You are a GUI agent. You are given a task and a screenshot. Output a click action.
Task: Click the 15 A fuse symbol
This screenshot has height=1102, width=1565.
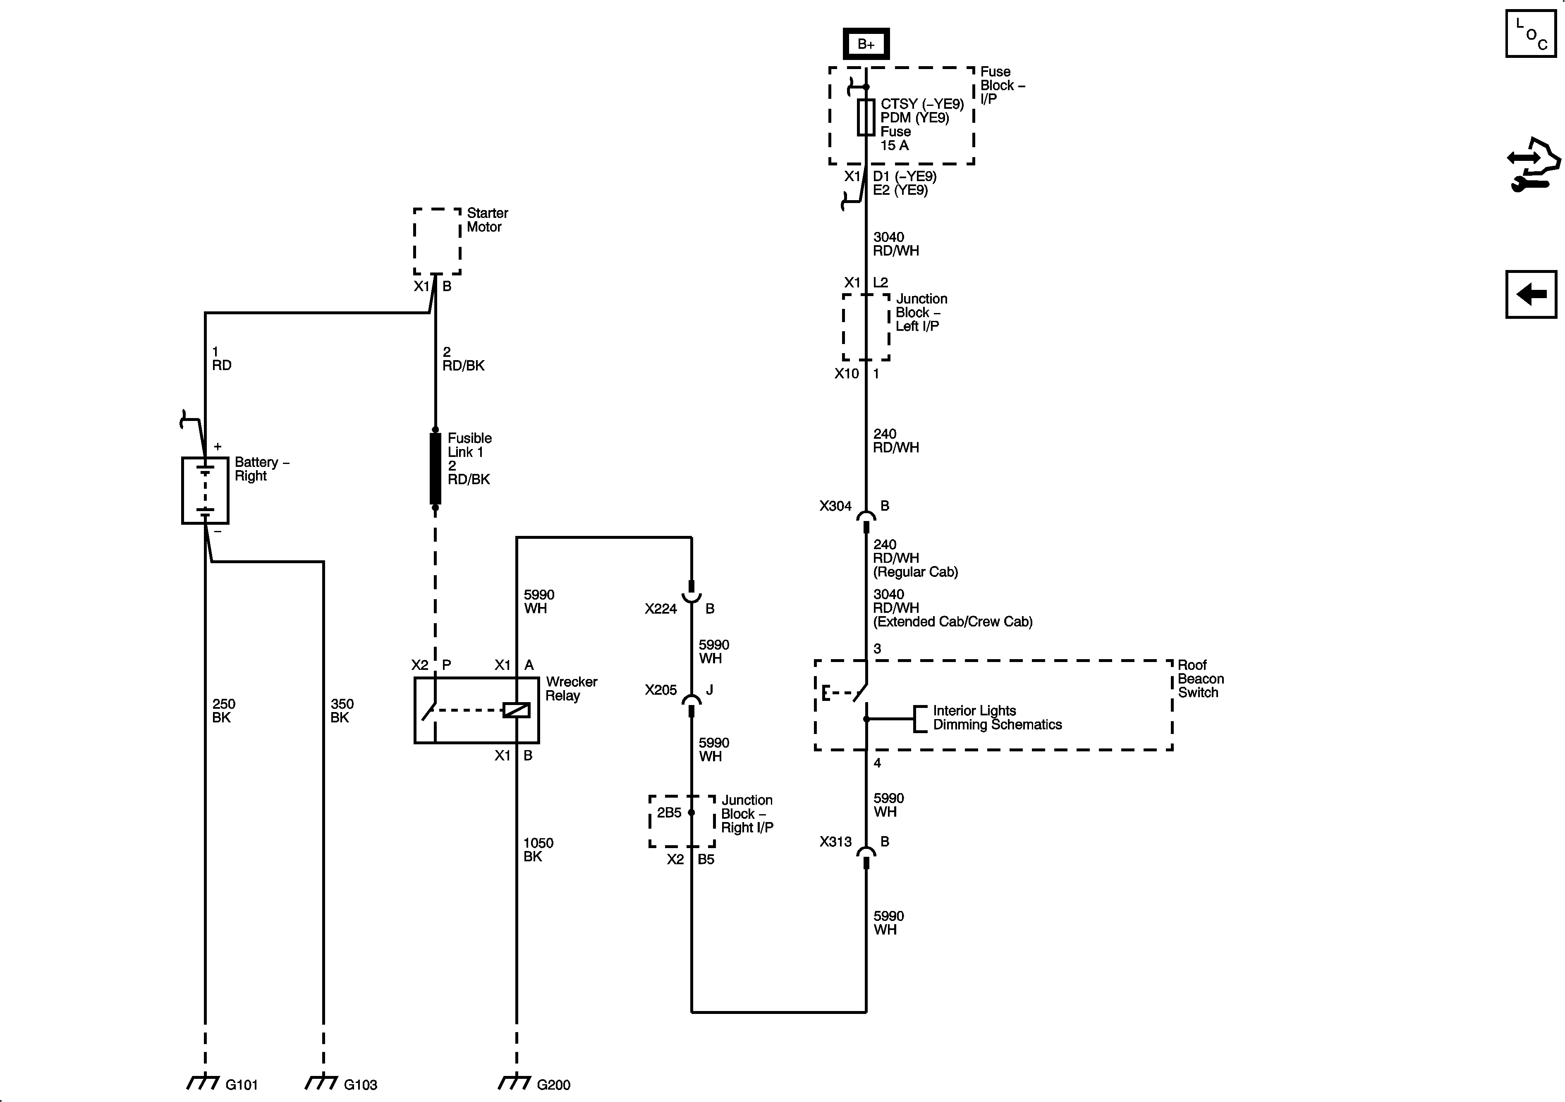pos(866,117)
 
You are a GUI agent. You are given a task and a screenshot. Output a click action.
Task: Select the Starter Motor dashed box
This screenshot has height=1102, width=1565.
pos(437,241)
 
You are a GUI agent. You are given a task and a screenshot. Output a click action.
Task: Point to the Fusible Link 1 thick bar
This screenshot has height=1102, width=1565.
pos(435,469)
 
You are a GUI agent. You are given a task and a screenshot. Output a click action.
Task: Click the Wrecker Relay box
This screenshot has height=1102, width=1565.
pos(476,710)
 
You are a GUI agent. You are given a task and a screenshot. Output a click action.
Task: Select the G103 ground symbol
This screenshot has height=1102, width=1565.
pos(322,1082)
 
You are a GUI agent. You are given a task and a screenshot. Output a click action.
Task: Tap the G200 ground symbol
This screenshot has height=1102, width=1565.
pos(515,1082)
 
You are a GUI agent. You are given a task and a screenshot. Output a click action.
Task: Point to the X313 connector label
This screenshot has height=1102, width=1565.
pos(835,841)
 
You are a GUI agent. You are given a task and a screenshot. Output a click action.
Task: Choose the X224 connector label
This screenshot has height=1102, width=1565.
pos(660,609)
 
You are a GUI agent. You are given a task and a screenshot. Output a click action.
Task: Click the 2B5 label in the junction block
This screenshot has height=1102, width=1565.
pos(669,813)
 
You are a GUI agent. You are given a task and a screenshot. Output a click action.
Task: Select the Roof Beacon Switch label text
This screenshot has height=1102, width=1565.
pos(1200,679)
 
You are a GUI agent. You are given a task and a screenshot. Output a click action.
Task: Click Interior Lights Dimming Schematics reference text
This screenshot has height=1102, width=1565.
pos(996,717)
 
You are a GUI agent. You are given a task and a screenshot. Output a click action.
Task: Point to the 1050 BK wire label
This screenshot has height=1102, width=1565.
pos(538,850)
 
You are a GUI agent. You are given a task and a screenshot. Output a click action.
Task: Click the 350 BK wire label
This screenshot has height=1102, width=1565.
pos(342,711)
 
